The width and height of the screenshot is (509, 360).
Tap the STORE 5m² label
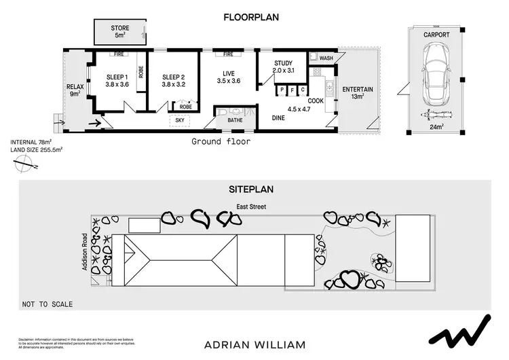(x=120, y=31)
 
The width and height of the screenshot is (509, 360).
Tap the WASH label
(x=326, y=58)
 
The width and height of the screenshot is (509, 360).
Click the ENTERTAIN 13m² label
(x=357, y=93)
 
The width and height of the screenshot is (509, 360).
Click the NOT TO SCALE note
(x=47, y=304)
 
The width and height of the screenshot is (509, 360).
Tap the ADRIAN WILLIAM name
(x=254, y=344)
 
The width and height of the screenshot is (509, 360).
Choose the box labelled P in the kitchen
(x=280, y=90)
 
